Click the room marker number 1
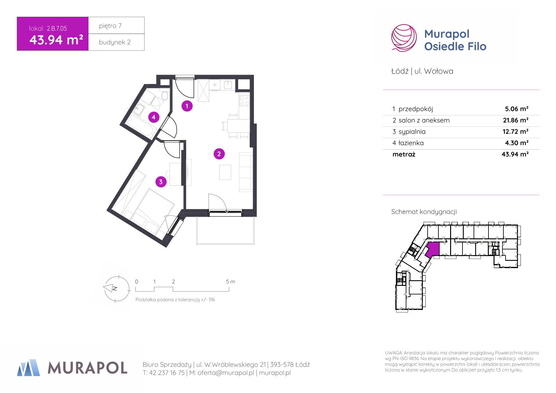(187, 106)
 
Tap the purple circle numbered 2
(219, 154)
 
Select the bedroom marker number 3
(161, 182)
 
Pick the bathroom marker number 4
(153, 117)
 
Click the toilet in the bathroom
(165, 95)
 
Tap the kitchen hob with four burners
(244, 100)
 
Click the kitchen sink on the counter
(228, 85)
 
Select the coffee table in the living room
(225, 172)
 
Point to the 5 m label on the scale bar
(230, 281)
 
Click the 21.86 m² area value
(515, 120)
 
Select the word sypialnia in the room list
(412, 132)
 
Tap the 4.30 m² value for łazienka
(517, 143)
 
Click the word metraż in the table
(404, 154)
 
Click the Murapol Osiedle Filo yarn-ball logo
(404, 38)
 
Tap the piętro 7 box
(116, 25)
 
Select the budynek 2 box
(116, 42)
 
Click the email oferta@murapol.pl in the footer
(226, 373)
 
